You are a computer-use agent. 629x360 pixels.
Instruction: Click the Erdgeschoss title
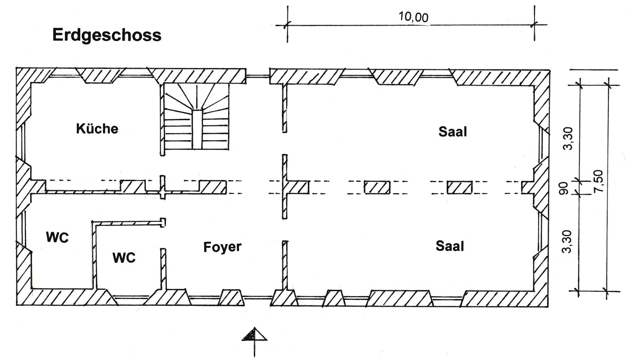click(107, 36)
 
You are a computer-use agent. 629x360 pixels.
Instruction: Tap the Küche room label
click(97, 129)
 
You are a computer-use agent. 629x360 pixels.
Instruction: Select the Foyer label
click(222, 247)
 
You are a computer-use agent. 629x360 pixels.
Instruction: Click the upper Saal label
click(453, 131)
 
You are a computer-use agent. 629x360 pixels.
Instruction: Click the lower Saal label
click(450, 246)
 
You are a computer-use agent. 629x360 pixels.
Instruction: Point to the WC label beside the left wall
click(57, 238)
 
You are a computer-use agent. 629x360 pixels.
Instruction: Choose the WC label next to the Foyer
click(124, 258)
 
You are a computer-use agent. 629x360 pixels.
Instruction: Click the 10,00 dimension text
click(413, 17)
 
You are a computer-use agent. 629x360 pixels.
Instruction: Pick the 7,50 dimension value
click(598, 181)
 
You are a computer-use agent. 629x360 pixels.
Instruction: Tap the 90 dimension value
click(563, 188)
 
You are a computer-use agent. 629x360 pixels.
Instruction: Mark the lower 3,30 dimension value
click(567, 242)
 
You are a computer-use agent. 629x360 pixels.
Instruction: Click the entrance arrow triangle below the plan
click(254, 334)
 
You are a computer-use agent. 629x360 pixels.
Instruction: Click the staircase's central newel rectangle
click(197, 129)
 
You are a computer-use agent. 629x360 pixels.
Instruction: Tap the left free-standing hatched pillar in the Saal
click(377, 187)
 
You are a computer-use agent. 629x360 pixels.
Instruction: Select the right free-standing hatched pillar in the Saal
click(460, 187)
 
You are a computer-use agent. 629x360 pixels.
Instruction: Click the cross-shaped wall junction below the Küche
click(163, 193)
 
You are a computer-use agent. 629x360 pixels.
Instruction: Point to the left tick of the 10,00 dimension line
click(287, 25)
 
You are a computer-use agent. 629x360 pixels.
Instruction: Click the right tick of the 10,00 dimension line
click(534, 25)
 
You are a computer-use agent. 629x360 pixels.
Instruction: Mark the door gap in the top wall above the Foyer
click(258, 76)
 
